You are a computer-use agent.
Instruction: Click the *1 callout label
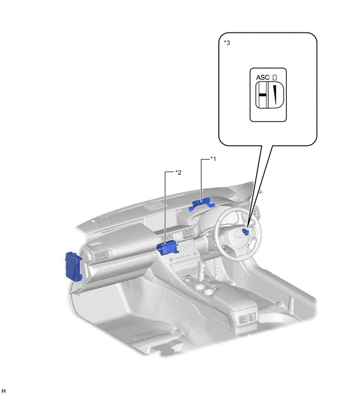[x=213, y=159]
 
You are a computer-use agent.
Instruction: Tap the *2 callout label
[x=178, y=173]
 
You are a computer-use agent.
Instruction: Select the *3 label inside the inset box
[x=227, y=42]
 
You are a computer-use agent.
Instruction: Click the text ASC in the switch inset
[x=263, y=77]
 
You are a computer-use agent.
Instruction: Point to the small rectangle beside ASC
[x=275, y=77]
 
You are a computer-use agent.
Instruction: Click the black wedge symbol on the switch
[x=275, y=95]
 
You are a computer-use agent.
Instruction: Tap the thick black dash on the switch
[x=262, y=95]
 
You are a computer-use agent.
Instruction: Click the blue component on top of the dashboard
[x=201, y=204]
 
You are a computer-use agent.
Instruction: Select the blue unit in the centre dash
[x=167, y=247]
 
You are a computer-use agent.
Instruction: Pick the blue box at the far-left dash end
[x=74, y=266]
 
